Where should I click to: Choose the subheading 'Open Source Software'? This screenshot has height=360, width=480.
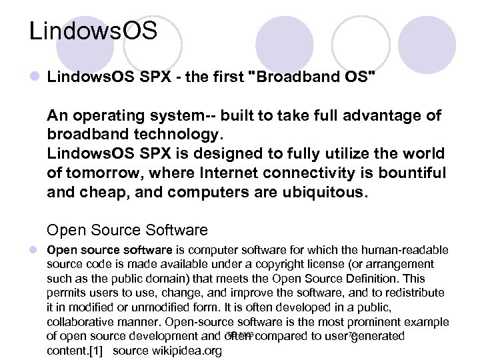(127, 231)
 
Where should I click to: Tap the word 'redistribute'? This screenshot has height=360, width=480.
(412, 293)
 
